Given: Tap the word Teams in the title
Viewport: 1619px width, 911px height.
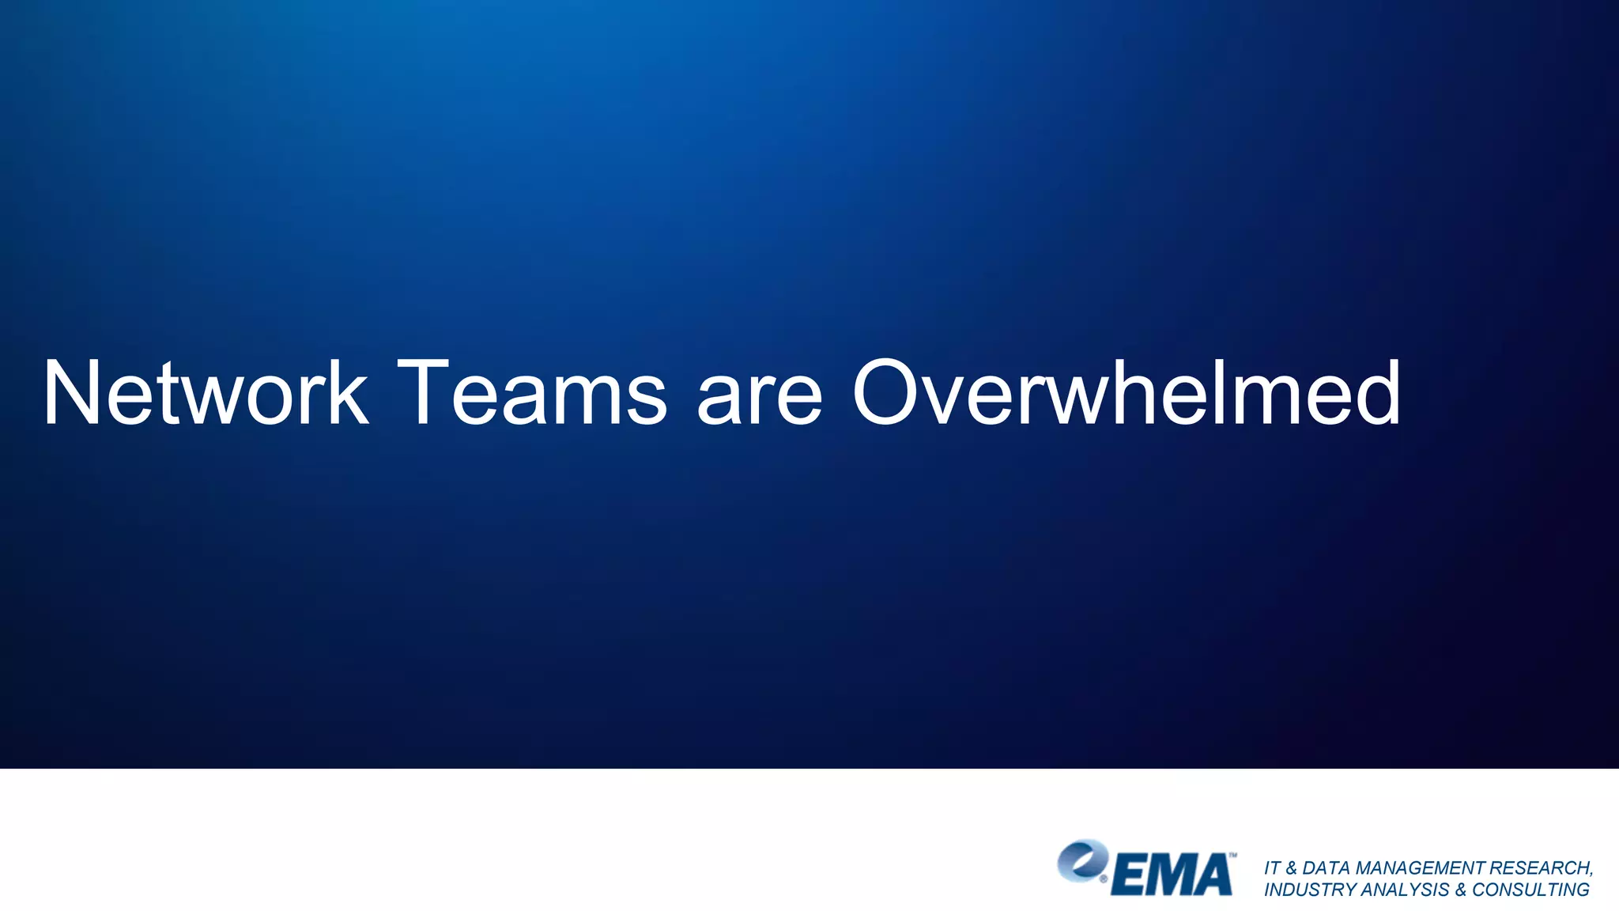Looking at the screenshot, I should [534, 393].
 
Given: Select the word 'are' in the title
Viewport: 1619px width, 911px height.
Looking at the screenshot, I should [759, 399].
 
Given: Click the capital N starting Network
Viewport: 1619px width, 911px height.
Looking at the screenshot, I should [75, 393].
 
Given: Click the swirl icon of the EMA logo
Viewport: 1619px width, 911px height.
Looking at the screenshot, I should [1081, 860].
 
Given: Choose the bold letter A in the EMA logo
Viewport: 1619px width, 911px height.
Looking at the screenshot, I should [1213, 876].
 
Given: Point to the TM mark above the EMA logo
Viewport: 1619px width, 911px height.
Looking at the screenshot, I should [1232, 855].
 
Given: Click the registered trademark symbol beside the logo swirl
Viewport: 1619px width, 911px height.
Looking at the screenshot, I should [1104, 878].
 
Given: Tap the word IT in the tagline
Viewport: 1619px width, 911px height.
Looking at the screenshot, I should [1272, 868].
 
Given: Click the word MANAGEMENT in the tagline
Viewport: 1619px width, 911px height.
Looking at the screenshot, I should [1420, 868].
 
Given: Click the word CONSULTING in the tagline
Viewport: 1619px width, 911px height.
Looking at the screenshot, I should [1530, 890].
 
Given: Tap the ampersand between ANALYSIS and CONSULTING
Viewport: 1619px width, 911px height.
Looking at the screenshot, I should [1460, 890].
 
